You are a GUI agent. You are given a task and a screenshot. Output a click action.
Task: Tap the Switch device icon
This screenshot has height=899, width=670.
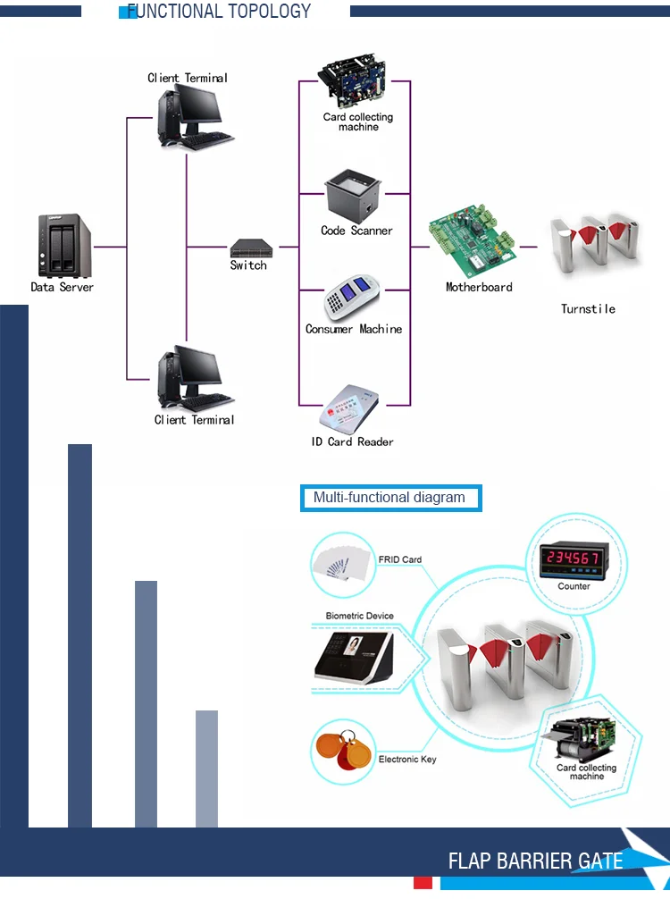249,247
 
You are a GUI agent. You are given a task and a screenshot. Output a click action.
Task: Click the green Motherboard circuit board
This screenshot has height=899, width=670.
472,245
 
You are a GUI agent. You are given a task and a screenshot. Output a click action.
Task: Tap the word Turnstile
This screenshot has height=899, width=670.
588,309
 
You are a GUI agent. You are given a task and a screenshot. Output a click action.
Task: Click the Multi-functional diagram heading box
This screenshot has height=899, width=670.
390,498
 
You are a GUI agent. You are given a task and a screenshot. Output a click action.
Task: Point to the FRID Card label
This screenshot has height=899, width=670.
399,560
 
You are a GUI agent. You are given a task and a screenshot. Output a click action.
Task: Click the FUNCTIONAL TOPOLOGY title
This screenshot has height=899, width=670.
219,12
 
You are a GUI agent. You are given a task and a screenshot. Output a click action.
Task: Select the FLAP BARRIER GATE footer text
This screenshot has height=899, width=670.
535,861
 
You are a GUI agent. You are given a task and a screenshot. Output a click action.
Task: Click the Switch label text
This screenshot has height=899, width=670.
248,266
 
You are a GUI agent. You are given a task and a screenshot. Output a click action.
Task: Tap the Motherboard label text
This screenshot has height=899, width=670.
479,288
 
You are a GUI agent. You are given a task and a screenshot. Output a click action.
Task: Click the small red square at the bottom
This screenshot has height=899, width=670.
423,883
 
